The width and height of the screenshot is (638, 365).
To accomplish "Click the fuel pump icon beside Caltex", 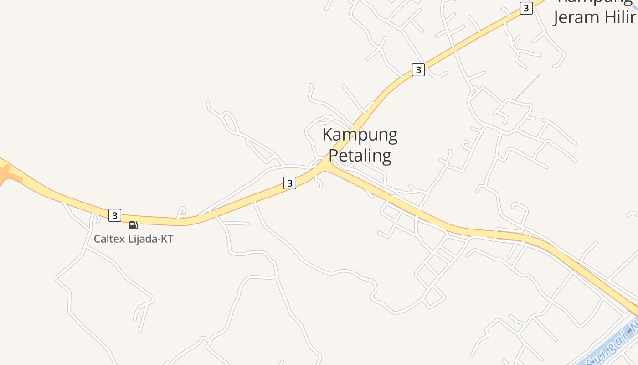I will coord(133,225).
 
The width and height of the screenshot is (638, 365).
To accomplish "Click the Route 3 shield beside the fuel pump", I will coord(115,215).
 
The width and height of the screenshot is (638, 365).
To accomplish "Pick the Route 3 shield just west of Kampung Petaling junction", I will coord(290,183).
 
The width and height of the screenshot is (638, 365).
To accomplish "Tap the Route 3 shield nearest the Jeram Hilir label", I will coord(526,8).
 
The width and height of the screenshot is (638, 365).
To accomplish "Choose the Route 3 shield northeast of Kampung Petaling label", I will coord(418,70).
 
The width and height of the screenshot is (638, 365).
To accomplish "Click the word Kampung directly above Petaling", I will coord(360,135).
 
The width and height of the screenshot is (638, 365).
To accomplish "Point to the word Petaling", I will coord(360,156).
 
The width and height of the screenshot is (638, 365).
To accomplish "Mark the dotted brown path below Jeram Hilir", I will coord(528,86).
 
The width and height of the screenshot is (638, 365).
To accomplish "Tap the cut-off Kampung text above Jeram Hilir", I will coord(595,2).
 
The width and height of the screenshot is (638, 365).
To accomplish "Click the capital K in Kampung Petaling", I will coord(327,135).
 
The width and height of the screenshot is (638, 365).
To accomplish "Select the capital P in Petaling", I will coord(333,156).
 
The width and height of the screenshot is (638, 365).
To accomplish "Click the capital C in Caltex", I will coord(97,239).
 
